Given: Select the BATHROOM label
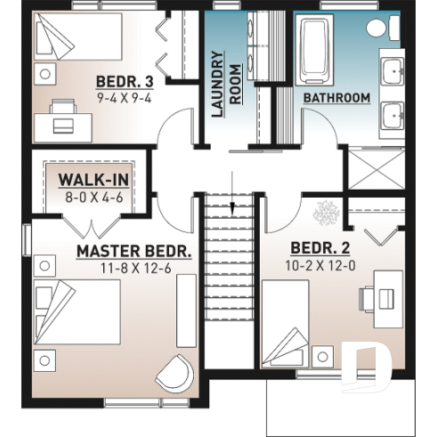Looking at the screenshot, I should [336, 97].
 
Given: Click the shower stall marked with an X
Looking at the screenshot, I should [373, 169].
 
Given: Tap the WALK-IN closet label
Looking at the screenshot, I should [93, 181].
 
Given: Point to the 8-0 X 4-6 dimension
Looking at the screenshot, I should [93, 198].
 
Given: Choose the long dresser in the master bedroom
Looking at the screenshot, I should [186, 311].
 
